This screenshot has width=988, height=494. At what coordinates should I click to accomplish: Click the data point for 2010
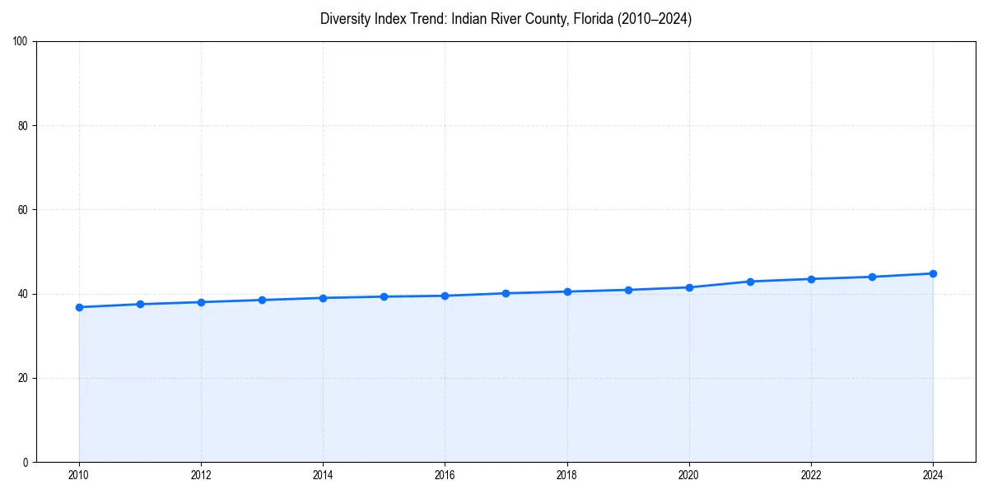[x=79, y=307]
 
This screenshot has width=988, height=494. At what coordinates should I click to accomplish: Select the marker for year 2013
[x=262, y=300]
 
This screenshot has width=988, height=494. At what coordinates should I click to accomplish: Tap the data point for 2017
[x=506, y=293]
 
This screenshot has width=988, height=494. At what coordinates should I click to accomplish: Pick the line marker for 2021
[x=750, y=282]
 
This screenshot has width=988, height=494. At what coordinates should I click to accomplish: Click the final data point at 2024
[x=933, y=273]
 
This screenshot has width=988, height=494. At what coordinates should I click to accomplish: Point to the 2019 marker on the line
[x=628, y=290]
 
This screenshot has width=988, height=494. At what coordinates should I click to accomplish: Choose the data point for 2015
[x=384, y=296]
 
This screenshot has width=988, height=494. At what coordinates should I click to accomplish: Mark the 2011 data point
[x=140, y=304]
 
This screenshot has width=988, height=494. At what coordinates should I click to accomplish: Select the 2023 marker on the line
[x=872, y=277]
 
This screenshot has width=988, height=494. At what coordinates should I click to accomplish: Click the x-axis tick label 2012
[x=201, y=475]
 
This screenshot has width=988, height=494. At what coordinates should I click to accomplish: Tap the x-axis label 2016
[x=445, y=475]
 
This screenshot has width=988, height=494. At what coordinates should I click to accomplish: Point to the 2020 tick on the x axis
[x=689, y=475]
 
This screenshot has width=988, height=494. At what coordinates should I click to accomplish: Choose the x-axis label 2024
[x=933, y=475]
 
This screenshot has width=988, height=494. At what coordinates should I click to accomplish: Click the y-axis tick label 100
[x=21, y=42]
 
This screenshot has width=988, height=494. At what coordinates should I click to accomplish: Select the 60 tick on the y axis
[x=23, y=210]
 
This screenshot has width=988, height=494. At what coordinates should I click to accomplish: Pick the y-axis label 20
[x=23, y=378]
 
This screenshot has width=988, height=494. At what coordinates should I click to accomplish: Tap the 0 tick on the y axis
[x=26, y=462]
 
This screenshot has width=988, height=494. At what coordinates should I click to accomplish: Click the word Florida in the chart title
[x=583, y=19]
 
